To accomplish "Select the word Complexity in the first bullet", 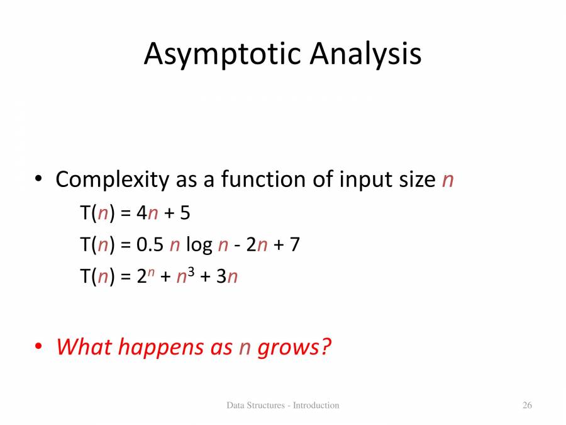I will coord(112,180).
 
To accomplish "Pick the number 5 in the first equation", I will coord(185,213).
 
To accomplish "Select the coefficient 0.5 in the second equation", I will coord(150,244).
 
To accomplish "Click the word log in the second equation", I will coord(199,244).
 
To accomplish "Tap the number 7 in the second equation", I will coord(294,244).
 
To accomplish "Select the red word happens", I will coord(160,348).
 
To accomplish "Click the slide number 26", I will coord(527,405).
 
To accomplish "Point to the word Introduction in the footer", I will coord(316,405).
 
